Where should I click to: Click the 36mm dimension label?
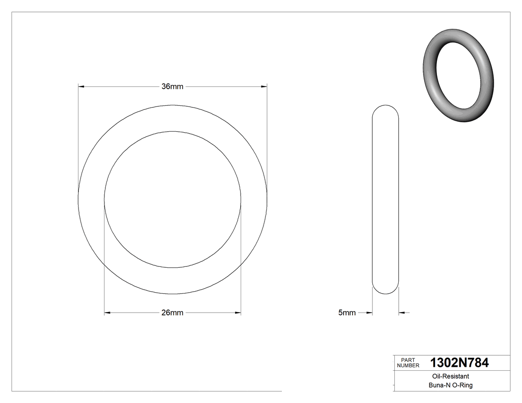click(173, 86)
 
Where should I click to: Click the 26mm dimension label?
click(173, 313)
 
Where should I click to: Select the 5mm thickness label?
click(347, 313)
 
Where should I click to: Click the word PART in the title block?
click(407, 360)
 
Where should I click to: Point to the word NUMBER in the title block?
click(408, 366)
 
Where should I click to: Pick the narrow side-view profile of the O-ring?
click(385, 199)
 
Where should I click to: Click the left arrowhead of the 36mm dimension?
click(82, 86)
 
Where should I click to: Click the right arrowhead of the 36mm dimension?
click(263, 86)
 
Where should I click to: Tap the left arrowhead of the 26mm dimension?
click(108, 313)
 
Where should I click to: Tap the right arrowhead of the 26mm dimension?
click(237, 313)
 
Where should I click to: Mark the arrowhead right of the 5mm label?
click(369, 313)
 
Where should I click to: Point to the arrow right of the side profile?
click(402, 313)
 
